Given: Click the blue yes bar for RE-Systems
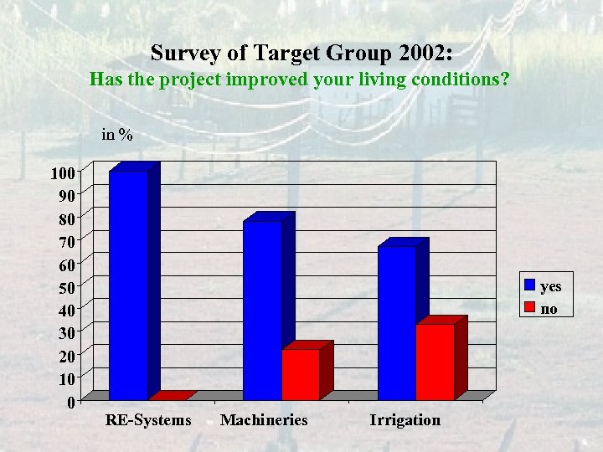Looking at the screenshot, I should point(128,285).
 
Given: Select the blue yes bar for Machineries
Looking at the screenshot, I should point(262,310).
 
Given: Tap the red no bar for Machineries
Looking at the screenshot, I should point(301,374).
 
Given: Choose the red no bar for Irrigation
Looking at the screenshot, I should point(435,362).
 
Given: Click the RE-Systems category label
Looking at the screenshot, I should point(148,420).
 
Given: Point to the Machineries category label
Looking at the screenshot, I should point(264,420).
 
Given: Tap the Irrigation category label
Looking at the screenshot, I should point(405,420).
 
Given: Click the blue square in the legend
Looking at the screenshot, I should point(530,285).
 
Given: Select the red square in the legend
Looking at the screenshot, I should point(530,309).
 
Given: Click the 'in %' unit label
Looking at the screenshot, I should point(116,134).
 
